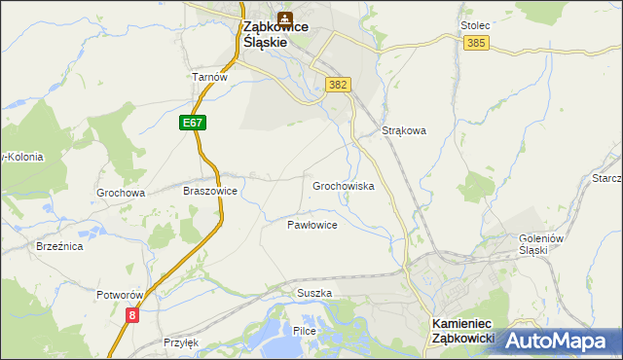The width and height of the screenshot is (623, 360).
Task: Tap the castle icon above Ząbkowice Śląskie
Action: pyautogui.click(x=284, y=18)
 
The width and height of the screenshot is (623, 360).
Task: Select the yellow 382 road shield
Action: pyautogui.click(x=338, y=86)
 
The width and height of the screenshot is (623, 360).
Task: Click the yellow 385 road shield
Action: pyautogui.click(x=476, y=44)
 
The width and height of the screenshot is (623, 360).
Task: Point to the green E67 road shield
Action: pyautogui.click(x=192, y=123)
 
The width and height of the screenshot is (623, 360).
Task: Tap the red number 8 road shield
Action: pyautogui.click(x=132, y=314)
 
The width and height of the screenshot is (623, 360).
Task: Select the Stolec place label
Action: pyautogui.click(x=474, y=25)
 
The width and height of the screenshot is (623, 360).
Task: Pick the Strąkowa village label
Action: pyautogui.click(x=404, y=130)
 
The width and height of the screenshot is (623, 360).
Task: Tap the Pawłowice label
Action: pyautogui.click(x=311, y=225)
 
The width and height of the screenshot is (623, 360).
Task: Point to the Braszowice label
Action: pyautogui.click(x=210, y=192)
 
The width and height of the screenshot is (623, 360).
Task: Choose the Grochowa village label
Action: pyautogui.click(x=121, y=193)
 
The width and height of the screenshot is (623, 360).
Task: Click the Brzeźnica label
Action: pyautogui.click(x=59, y=247)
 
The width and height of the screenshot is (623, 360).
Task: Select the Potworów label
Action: pyautogui.click(x=120, y=294)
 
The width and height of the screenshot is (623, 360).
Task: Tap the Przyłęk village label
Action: pyautogui.click(x=181, y=342)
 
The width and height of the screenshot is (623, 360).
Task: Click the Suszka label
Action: pyautogui.click(x=314, y=293)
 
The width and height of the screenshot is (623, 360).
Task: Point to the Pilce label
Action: pyautogui.click(x=305, y=332)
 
